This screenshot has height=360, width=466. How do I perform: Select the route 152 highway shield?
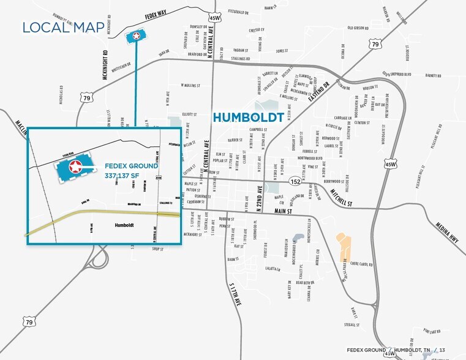point(296,182)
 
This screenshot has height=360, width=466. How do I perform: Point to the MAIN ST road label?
point(282,211)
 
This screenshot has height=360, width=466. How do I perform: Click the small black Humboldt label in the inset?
point(124,225)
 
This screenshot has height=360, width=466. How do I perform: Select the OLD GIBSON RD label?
point(359,28)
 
